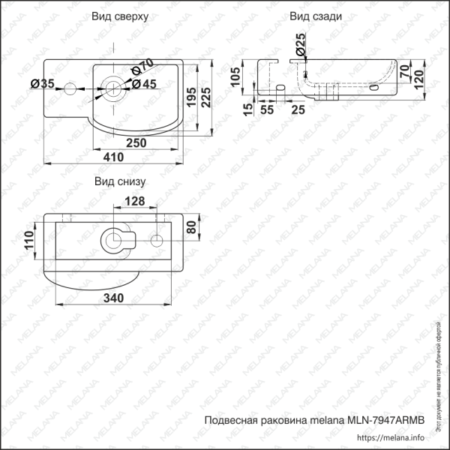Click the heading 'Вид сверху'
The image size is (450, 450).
point(119,16)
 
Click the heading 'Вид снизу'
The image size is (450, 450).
point(119,181)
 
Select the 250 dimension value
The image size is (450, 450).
point(135,142)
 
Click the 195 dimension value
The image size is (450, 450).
point(192,96)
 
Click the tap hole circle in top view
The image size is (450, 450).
point(69,89)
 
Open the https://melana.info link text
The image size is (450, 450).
point(391,438)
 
